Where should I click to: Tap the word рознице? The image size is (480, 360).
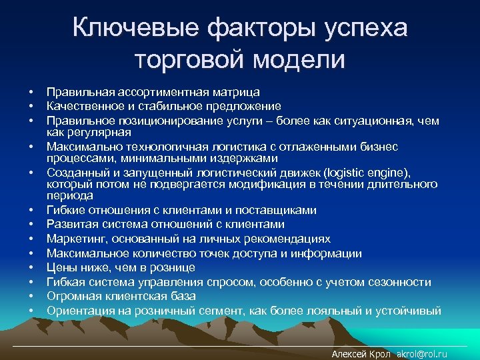click(x=173, y=267)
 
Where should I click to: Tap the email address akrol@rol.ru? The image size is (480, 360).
click(x=422, y=354)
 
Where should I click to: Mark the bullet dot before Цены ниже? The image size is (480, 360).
click(x=31, y=267)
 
